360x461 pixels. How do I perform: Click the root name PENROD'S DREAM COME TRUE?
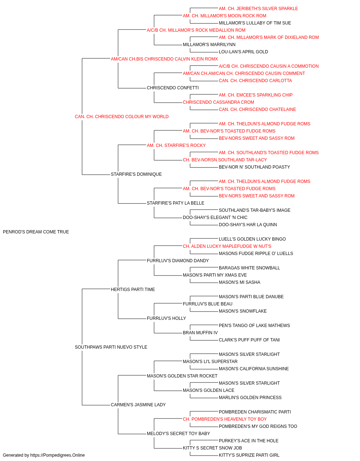(36, 232)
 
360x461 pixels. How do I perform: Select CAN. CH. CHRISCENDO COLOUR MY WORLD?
(122, 117)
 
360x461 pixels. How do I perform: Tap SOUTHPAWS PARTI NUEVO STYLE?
(111, 347)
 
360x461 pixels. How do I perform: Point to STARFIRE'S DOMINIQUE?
(136, 174)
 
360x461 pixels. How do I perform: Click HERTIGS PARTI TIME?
(133, 289)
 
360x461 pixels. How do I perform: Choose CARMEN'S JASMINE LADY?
(138, 404)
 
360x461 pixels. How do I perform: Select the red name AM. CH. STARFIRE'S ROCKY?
(176, 145)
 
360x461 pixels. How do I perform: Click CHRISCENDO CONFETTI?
(173, 88)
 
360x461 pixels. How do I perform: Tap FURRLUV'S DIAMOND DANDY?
(178, 260)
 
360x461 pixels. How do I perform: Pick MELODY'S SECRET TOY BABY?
(179, 433)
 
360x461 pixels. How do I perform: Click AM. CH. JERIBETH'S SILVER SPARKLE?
(258, 9)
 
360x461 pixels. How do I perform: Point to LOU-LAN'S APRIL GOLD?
(243, 52)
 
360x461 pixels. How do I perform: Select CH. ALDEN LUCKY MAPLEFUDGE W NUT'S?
(227, 246)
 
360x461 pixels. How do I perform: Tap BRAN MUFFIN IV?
(201, 333)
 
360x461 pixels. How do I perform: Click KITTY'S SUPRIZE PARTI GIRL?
(249, 455)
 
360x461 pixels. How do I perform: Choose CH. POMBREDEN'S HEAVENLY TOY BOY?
(225, 419)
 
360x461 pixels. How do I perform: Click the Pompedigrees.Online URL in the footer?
(58, 455)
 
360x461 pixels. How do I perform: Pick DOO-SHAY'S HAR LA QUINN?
(248, 224)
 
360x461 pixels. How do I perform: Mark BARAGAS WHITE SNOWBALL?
(249, 268)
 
